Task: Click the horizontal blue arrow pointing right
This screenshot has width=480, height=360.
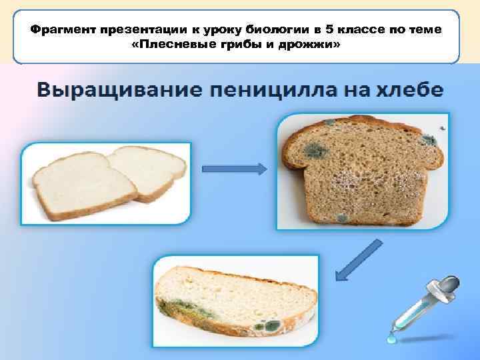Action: tap(237, 169)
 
